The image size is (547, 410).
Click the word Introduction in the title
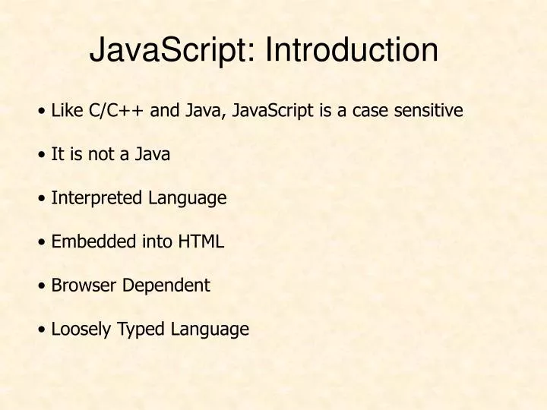(x=352, y=51)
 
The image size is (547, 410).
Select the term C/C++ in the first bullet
(x=117, y=111)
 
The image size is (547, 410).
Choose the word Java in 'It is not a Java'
(x=153, y=154)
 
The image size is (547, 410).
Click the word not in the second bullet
(x=106, y=154)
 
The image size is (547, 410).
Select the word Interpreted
(x=96, y=198)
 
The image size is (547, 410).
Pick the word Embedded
(x=93, y=242)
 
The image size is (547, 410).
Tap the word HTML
(x=201, y=242)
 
